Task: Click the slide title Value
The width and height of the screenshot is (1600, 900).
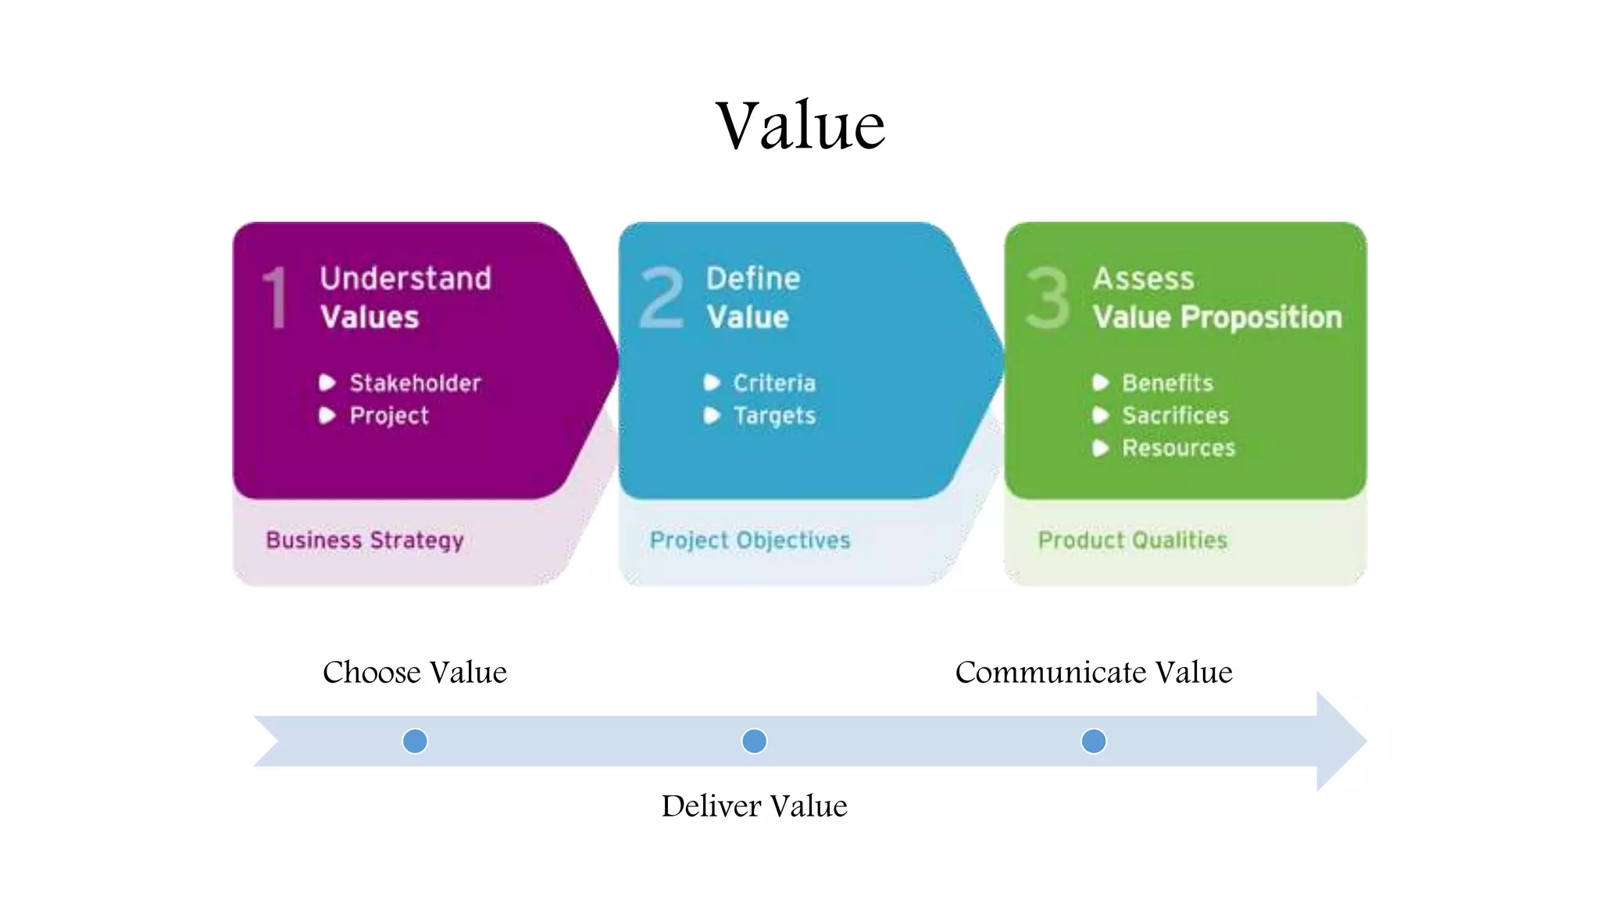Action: click(x=801, y=126)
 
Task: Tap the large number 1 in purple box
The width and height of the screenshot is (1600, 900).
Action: click(x=275, y=298)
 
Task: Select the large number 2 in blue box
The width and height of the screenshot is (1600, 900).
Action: click(x=662, y=298)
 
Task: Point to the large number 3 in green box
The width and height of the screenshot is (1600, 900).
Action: click(x=1047, y=298)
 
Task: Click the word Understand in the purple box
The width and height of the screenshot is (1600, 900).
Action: click(x=405, y=279)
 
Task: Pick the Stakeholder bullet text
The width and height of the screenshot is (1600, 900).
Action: click(x=415, y=383)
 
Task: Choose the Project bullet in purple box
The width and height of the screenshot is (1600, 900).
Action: click(x=389, y=416)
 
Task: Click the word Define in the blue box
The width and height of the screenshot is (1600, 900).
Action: click(x=753, y=279)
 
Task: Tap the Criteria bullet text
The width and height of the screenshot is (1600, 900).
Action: click(x=774, y=383)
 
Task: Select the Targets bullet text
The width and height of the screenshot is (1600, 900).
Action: click(x=774, y=416)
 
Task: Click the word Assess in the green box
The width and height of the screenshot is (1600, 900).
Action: click(x=1144, y=279)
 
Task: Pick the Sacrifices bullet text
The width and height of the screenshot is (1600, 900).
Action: click(x=1175, y=416)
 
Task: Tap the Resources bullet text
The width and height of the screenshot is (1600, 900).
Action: click(x=1179, y=448)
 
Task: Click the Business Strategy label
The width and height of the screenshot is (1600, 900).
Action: click(x=365, y=541)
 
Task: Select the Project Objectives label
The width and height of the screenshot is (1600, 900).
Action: click(x=750, y=541)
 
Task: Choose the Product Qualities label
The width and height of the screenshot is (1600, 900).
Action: click(x=1133, y=541)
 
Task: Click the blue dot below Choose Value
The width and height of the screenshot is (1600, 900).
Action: click(x=415, y=741)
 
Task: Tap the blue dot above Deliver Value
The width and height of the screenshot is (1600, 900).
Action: click(x=754, y=741)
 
